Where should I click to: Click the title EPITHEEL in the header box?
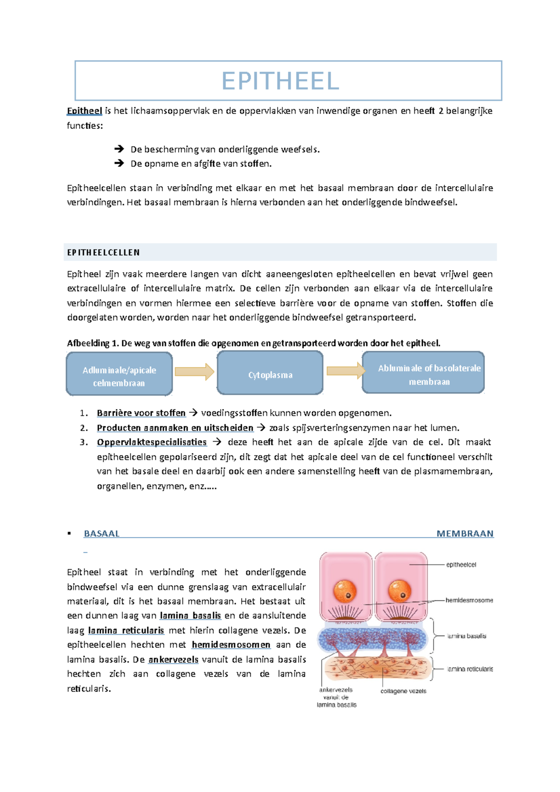(280, 81)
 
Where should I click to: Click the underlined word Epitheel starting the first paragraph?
(84, 111)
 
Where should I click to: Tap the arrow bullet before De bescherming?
(119, 149)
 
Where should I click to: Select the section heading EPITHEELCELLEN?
(103, 253)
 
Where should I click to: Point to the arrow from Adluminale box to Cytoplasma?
(194, 372)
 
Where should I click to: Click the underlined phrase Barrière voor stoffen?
(141, 413)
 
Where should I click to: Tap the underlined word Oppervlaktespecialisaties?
(152, 442)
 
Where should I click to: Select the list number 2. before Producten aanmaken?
(84, 428)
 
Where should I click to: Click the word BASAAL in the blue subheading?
(102, 534)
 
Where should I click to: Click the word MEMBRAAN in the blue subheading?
(465, 534)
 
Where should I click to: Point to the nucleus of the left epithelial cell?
(344, 591)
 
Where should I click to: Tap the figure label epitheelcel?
(461, 565)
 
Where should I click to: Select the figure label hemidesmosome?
(469, 600)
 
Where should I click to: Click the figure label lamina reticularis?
(470, 669)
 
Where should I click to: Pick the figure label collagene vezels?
(403, 691)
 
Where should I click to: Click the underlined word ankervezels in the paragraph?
(173, 660)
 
